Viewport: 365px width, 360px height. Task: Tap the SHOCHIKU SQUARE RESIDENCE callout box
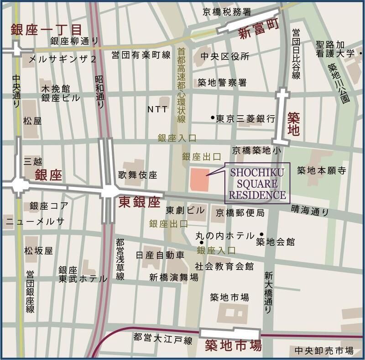pyautogui.click(x=258, y=184)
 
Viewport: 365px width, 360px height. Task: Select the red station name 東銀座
pyautogui.click(x=140, y=202)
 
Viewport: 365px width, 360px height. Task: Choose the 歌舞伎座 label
pyautogui.click(x=137, y=175)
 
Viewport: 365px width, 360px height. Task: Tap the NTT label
pyautogui.click(x=157, y=110)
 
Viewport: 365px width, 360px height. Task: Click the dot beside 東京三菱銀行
pyautogui.click(x=213, y=118)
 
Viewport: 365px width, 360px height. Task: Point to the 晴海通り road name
pyautogui.click(x=310, y=211)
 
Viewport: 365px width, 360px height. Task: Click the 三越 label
pyautogui.click(x=33, y=161)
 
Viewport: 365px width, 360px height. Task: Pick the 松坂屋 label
pyautogui.click(x=39, y=251)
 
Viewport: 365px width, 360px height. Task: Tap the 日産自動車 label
pyautogui.click(x=160, y=254)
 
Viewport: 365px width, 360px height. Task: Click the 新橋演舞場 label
pyautogui.click(x=174, y=277)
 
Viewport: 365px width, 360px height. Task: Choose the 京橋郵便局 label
pyautogui.click(x=240, y=213)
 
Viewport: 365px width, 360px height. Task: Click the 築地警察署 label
pyautogui.click(x=222, y=83)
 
